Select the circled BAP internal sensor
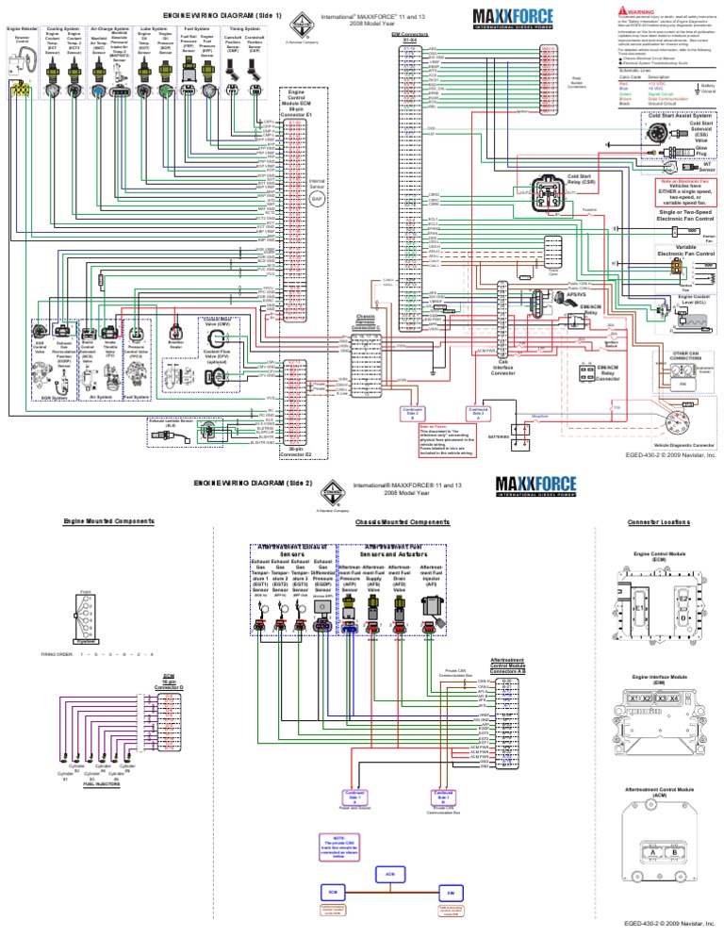(x=318, y=200)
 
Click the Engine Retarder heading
(x=20, y=29)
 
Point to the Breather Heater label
(x=175, y=345)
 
